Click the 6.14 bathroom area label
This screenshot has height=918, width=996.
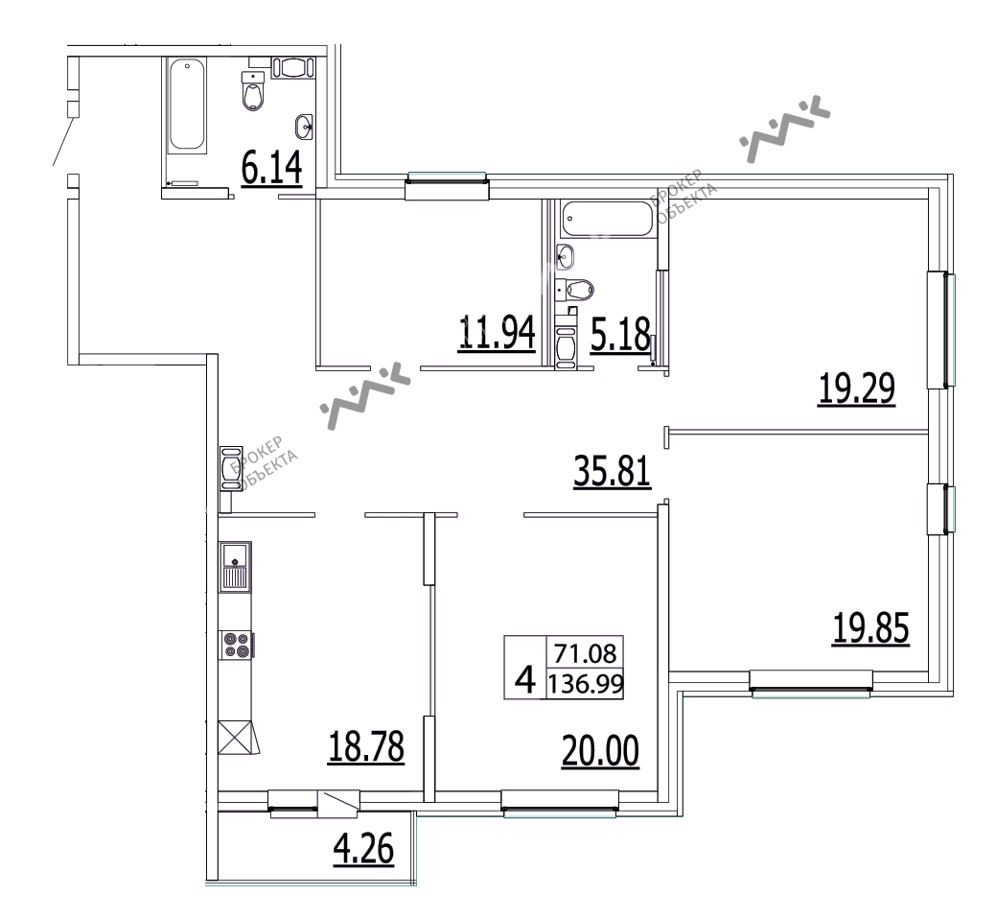271,169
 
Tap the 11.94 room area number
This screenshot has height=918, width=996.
497,333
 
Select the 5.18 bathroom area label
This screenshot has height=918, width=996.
620,334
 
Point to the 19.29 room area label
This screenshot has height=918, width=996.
857,388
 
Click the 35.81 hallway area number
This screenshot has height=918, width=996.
613,471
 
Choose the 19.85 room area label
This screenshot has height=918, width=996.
870,627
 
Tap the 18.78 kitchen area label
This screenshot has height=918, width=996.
366,746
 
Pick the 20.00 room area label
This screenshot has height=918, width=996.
600,750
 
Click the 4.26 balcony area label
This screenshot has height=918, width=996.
364,849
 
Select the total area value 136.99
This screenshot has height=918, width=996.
586,684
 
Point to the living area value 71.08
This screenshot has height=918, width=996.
585,653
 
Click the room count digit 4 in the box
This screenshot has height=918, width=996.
525,681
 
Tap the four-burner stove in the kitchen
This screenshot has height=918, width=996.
236,645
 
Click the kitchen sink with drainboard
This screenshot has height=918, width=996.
235,566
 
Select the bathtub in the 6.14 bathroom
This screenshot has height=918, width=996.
187,106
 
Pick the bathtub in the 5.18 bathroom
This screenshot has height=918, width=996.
607,220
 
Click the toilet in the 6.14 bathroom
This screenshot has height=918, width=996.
253,91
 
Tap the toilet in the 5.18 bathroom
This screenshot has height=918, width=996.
575,290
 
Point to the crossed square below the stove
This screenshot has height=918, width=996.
236,737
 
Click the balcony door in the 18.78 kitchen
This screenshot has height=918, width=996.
338,804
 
